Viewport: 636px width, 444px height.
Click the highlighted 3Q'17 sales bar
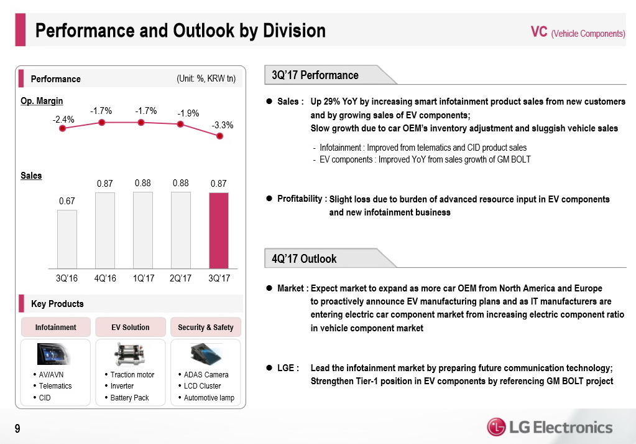pyautogui.click(x=219, y=230)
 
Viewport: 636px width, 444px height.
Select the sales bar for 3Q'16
pyautogui.click(x=67, y=239)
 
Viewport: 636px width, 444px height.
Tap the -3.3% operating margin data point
pyautogui.click(x=220, y=136)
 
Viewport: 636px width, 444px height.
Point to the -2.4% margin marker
pyautogui.click(x=62, y=128)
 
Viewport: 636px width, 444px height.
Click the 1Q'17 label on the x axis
pyautogui.click(x=144, y=278)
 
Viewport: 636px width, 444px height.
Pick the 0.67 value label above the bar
pyautogui.click(x=67, y=201)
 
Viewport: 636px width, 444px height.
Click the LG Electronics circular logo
pyautogui.click(x=496, y=427)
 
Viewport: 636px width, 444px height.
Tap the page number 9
pyautogui.click(x=17, y=428)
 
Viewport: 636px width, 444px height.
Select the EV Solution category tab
pyautogui.click(x=130, y=327)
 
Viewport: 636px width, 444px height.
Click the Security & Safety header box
pyautogui.click(x=206, y=327)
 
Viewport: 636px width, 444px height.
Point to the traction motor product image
pyautogui.click(x=130, y=354)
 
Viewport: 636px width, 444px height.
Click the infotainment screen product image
pyautogui.click(x=53, y=354)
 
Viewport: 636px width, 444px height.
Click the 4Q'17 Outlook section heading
pyautogui.click(x=304, y=259)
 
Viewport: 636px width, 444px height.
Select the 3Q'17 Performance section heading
pyautogui.click(x=315, y=75)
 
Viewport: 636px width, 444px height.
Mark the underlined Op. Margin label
pyautogui.click(x=42, y=101)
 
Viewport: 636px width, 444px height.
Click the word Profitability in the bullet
pyautogui.click(x=300, y=199)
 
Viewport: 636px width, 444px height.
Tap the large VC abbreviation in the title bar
pyautogui.click(x=539, y=32)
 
